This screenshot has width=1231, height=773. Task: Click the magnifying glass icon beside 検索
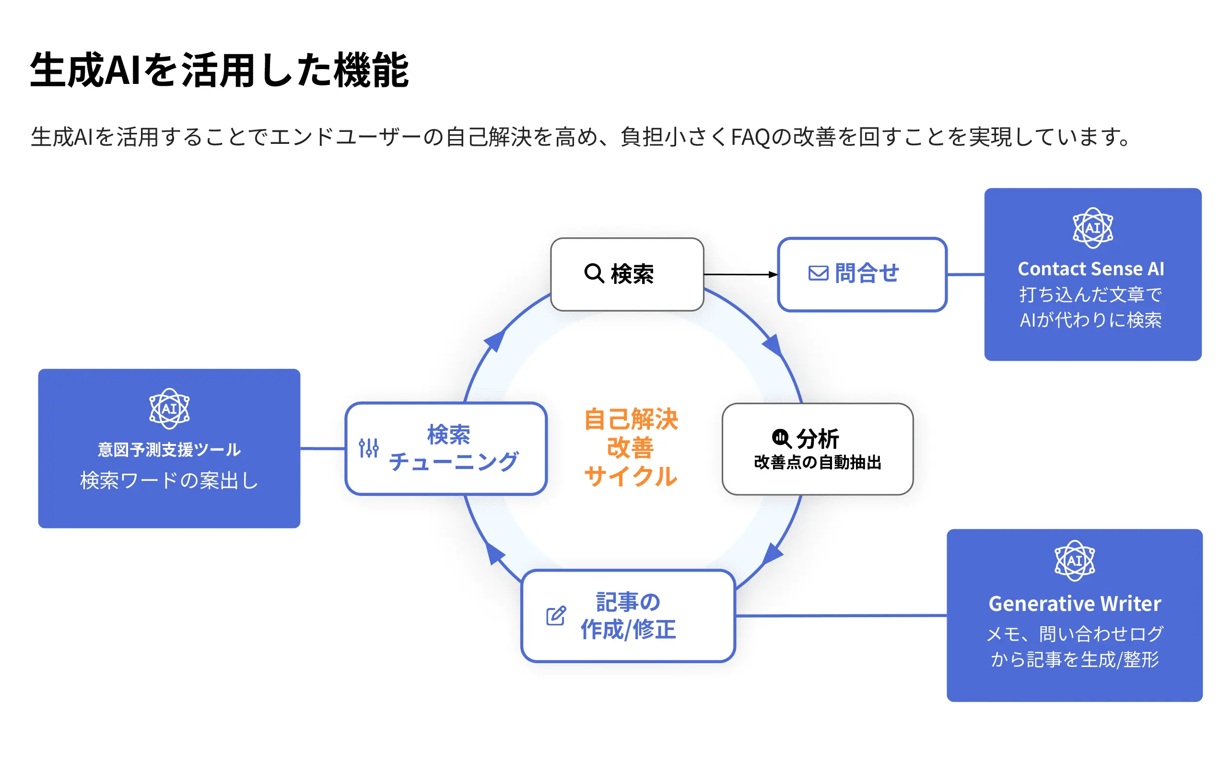click(x=594, y=273)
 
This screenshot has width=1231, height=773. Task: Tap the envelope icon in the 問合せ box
click(x=818, y=273)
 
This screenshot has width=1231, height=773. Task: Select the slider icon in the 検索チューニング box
click(x=369, y=448)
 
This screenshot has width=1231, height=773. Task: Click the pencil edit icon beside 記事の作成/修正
click(x=556, y=616)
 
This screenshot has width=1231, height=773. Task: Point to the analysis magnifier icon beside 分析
click(x=782, y=439)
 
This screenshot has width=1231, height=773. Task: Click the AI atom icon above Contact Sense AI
click(x=1092, y=228)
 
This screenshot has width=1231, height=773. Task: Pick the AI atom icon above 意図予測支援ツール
click(x=169, y=409)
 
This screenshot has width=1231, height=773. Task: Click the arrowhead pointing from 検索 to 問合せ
click(x=774, y=275)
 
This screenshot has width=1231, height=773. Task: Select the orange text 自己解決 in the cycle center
click(x=631, y=419)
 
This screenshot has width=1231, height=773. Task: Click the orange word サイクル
click(x=631, y=476)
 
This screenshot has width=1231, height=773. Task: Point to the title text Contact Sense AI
click(x=1091, y=269)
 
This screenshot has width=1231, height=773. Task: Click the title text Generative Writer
click(x=1075, y=604)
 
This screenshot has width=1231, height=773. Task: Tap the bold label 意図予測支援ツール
click(x=169, y=450)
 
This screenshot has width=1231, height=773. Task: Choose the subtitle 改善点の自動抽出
click(x=818, y=462)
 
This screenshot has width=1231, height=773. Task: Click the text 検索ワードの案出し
click(x=169, y=480)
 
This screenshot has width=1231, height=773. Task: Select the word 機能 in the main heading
click(x=371, y=70)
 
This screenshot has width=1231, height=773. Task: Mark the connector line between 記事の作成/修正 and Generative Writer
click(x=841, y=616)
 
